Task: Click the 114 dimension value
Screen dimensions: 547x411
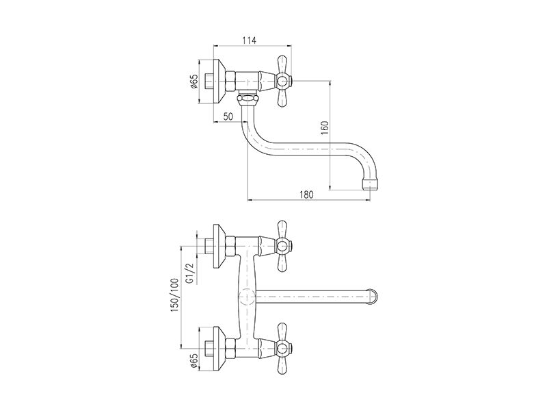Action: (249, 40)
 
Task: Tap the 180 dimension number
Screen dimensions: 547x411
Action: (306, 195)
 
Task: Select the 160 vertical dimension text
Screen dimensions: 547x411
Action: (324, 128)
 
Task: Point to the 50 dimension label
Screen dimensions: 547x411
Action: (228, 116)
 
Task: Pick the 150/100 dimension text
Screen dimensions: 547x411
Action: (174, 295)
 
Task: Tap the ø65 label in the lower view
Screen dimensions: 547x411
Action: (194, 361)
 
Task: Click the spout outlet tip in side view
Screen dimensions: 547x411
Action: (371, 184)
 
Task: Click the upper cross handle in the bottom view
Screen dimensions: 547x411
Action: (282, 247)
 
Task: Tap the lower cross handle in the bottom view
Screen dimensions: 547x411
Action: (282, 349)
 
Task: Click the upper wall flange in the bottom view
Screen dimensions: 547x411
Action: (219, 247)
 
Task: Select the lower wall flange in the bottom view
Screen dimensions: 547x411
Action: (219, 349)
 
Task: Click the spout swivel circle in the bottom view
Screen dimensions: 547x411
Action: (247, 298)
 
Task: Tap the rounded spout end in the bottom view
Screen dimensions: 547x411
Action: (373, 298)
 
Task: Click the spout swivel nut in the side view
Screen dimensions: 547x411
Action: (247, 99)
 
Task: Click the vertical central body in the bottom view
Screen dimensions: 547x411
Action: (247, 298)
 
